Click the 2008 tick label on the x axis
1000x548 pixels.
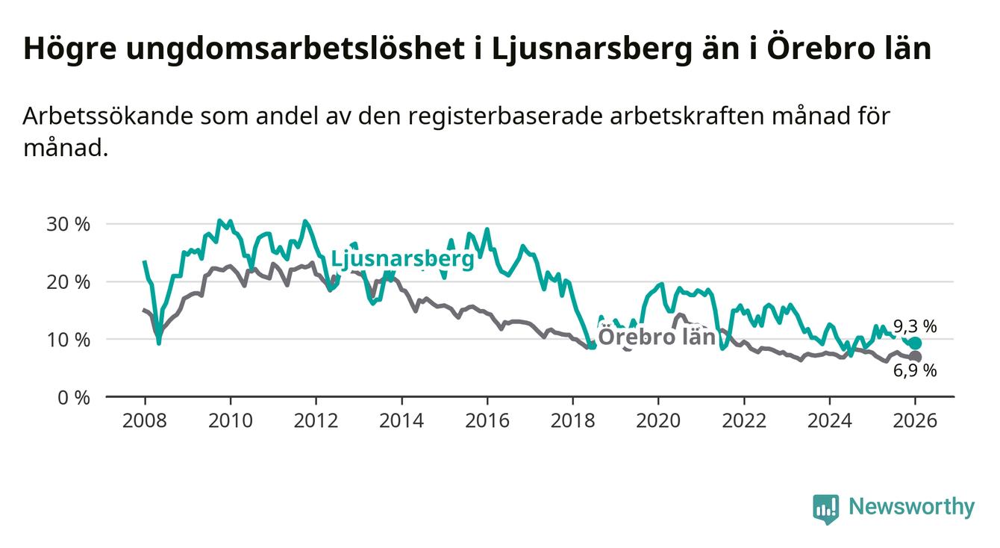click(x=144, y=420)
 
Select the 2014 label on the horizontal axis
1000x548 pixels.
click(x=401, y=420)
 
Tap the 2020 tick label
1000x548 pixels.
click(x=658, y=420)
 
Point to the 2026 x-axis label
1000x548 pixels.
click(x=915, y=420)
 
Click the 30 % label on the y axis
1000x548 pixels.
click(x=69, y=224)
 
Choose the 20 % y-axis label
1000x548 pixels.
click(x=69, y=282)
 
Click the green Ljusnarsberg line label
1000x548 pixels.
click(x=402, y=259)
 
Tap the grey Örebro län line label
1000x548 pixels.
click(x=657, y=337)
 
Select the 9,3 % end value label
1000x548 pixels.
click(x=915, y=326)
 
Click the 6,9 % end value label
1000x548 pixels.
click(x=915, y=371)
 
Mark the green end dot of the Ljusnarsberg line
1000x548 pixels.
click(x=915, y=343)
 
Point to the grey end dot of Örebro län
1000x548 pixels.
click(x=915, y=357)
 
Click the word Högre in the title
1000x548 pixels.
click(x=69, y=49)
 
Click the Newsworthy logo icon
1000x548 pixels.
click(x=825, y=508)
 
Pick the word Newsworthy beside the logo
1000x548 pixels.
click(x=911, y=508)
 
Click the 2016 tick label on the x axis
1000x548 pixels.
click(x=487, y=420)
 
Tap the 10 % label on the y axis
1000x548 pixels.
click(x=69, y=340)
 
